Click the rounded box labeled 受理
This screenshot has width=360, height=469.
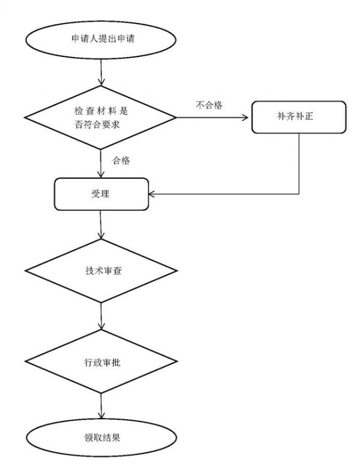pyautogui.click(x=101, y=193)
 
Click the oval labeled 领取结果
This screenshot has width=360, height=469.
pyautogui.click(x=101, y=437)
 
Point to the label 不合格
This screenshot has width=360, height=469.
pyautogui.click(x=209, y=105)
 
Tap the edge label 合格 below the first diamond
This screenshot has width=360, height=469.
pyautogui.click(x=122, y=161)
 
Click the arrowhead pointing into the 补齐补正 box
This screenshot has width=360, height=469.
pyautogui.click(x=248, y=118)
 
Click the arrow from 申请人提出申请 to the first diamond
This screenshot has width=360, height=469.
pyautogui.click(x=101, y=73)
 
